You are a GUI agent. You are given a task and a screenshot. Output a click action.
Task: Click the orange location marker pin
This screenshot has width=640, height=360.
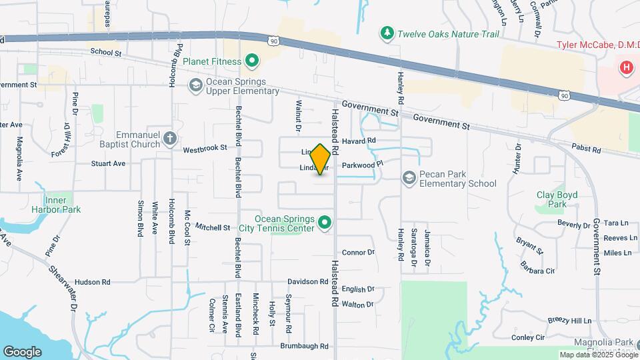[321, 159]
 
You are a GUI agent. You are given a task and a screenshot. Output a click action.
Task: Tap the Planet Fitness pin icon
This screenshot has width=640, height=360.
[251, 61]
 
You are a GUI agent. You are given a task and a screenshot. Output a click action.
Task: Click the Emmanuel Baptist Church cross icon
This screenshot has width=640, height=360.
[170, 139]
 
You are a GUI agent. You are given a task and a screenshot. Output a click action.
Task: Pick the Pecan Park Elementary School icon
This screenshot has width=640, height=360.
[409, 177]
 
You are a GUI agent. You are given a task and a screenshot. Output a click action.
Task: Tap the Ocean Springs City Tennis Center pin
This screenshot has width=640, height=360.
[325, 222]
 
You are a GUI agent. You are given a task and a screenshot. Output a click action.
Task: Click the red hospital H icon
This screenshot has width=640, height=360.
[626, 67]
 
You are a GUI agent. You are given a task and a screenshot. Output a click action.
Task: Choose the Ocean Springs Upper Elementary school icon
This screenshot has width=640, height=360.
[195, 85]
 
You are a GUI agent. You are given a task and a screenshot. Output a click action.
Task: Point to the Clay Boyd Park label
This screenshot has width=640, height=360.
[557, 199]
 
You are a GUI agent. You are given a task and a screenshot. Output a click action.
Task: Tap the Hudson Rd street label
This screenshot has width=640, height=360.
[91, 282]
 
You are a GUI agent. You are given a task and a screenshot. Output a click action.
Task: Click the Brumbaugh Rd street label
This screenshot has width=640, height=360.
[305, 346]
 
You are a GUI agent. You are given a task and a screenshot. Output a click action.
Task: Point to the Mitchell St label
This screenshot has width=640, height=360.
[213, 227]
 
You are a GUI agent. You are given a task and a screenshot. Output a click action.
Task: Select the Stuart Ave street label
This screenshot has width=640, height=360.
[108, 163]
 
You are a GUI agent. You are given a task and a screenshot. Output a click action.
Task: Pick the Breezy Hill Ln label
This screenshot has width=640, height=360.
[569, 321]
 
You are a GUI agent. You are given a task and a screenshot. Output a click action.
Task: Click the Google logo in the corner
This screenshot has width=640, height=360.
[22, 351]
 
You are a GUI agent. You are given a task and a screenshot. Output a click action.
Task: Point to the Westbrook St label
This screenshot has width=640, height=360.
[205, 148]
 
